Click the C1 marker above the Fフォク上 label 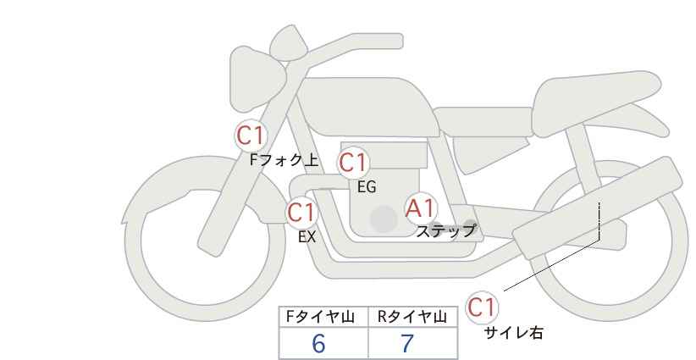click(251, 136)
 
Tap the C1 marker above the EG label click(353, 163)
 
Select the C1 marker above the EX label click(301, 213)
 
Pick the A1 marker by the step click(420, 208)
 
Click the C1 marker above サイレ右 click(482, 307)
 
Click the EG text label click(367, 187)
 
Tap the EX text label click(307, 237)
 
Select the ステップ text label click(445, 231)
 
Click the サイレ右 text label click(513, 333)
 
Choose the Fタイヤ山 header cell click(323, 317)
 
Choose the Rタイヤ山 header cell click(413, 317)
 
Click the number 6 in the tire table click(318, 343)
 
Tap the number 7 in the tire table click(406, 343)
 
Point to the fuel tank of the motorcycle click(368, 107)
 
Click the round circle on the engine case click(384, 219)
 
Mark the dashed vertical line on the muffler click(599, 220)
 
